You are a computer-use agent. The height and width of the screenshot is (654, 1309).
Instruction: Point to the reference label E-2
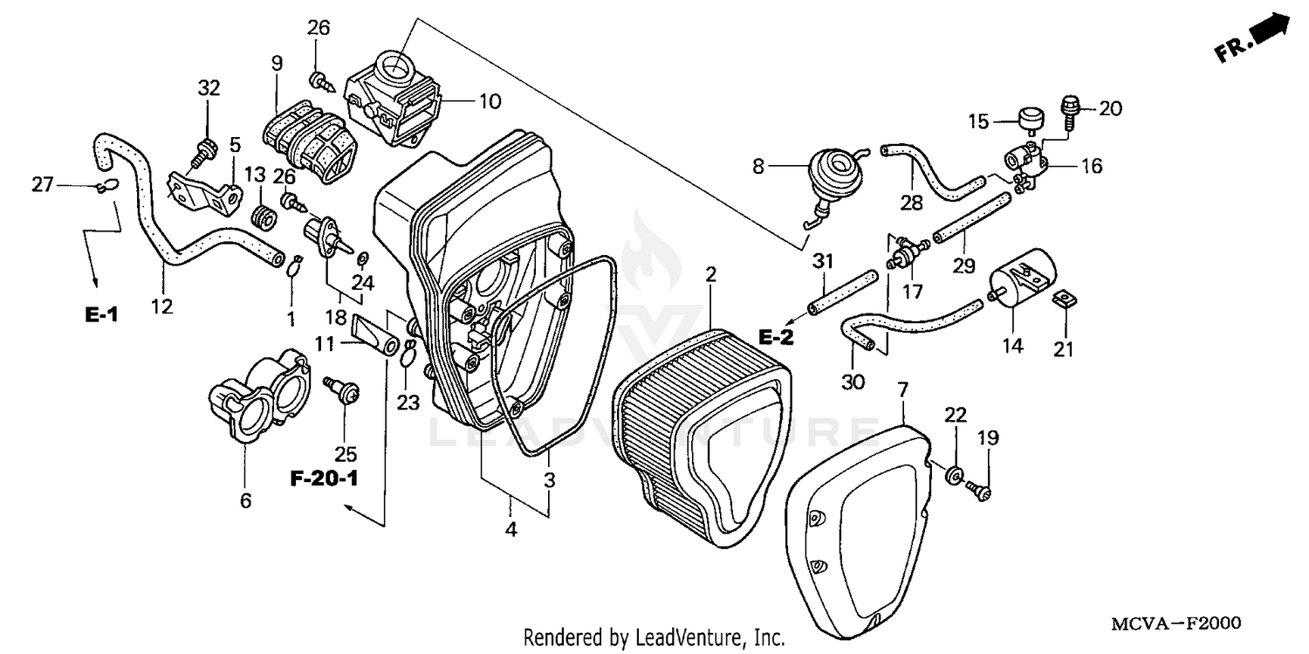pos(775,337)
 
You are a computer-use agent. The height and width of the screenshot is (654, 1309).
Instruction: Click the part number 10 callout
pos(490,101)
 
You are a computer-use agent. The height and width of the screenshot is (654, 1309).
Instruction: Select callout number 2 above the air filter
pos(711,274)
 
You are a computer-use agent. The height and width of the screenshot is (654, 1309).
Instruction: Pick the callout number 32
pos(209,88)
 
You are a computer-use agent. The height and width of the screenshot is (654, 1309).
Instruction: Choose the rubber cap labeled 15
pos(1032,117)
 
